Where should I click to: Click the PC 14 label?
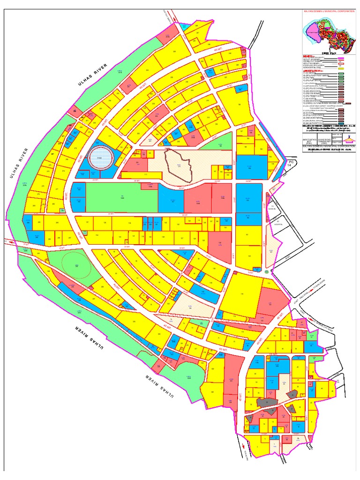[289, 163]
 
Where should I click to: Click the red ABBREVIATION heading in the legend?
[312, 69]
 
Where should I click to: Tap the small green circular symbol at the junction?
[266, 272]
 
